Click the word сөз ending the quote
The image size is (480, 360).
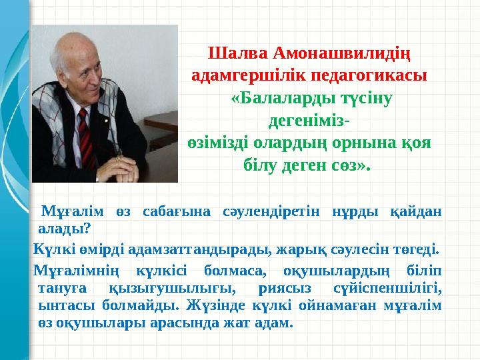tap(349, 165)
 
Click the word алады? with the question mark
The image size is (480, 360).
tap(65, 229)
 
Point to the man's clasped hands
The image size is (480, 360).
tap(127, 166)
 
